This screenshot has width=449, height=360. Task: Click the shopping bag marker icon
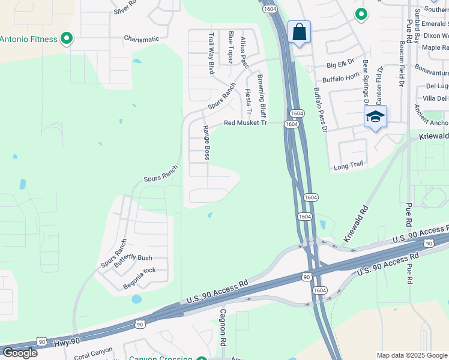(299, 32)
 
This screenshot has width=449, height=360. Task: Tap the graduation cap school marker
(375, 116)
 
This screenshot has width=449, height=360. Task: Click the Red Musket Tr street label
(245, 123)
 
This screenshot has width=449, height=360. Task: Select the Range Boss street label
(206, 143)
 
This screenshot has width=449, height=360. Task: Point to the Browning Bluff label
(262, 96)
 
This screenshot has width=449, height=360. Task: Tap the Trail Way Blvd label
(211, 53)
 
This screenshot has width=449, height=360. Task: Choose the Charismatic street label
(142, 39)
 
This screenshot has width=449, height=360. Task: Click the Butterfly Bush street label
(133, 258)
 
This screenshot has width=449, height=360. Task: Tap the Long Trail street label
(349, 165)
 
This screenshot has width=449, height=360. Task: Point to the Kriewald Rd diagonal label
(356, 225)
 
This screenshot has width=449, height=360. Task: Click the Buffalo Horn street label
(340, 79)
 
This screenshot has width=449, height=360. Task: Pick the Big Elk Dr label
(342, 64)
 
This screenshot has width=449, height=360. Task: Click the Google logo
(20, 353)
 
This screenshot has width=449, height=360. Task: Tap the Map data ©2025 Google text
(412, 355)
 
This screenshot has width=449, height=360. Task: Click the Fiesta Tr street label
(248, 103)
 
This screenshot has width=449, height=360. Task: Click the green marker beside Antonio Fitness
(67, 40)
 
